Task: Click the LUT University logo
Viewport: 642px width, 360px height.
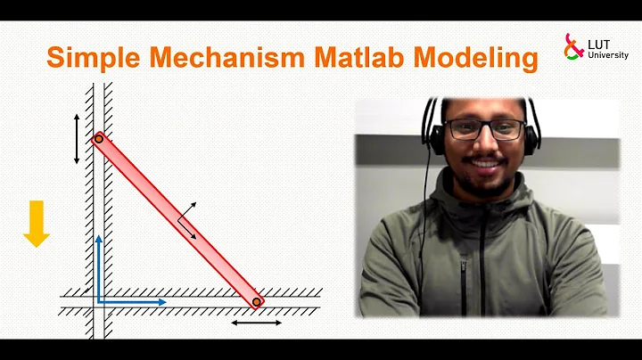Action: coord(589,47)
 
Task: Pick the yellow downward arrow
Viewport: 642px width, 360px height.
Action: coord(37,223)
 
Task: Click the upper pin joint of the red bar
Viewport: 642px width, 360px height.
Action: coord(99,138)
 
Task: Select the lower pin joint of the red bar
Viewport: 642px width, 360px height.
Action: coord(256,303)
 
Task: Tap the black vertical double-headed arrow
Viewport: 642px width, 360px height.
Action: coord(77,138)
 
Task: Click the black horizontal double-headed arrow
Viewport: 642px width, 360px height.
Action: coord(256,322)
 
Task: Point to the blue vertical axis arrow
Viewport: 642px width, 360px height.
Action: coord(99,267)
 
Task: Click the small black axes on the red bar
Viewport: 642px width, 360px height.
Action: coord(186,219)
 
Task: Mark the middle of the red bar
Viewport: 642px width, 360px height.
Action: coord(177,220)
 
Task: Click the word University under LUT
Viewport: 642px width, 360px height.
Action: coord(603,54)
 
